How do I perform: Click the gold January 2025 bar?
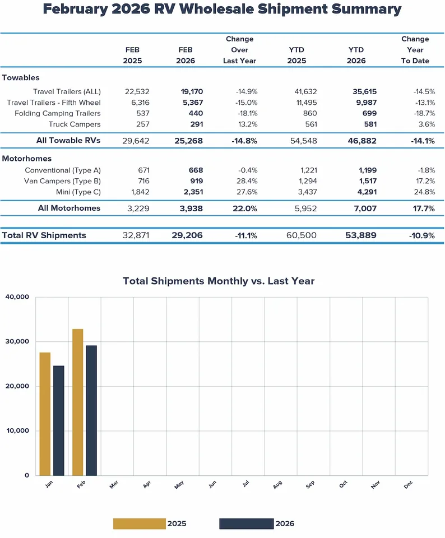tap(45, 414)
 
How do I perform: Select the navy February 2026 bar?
tap(91, 410)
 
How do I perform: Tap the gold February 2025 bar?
tap(77, 402)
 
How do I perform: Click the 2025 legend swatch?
tap(140, 523)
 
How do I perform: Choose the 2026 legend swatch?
tap(246, 523)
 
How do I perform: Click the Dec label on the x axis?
tap(408, 486)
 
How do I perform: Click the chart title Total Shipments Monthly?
tap(219, 281)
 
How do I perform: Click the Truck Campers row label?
tap(75, 124)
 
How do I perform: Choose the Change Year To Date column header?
tap(415, 50)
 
